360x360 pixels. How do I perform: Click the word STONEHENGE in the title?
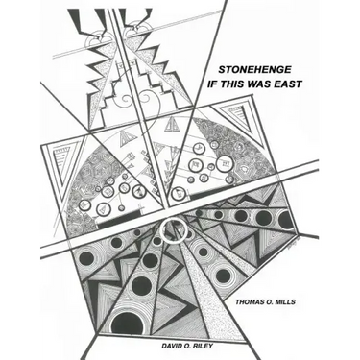254,69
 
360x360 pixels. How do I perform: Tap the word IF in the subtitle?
212,84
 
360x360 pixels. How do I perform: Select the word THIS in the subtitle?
230,84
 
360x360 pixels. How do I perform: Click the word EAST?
287,84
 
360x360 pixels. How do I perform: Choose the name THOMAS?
251,301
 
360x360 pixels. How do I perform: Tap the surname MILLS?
286,301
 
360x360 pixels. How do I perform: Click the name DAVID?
173,346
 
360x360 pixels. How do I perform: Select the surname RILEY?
204,346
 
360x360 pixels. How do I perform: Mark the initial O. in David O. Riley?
189,346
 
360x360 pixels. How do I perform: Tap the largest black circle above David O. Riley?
127,323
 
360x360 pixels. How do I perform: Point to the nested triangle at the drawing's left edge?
61,160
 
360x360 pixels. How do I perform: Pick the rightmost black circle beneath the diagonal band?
285,221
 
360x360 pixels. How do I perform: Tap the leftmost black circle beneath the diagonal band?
85,258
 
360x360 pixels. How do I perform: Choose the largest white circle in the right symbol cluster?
223,163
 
